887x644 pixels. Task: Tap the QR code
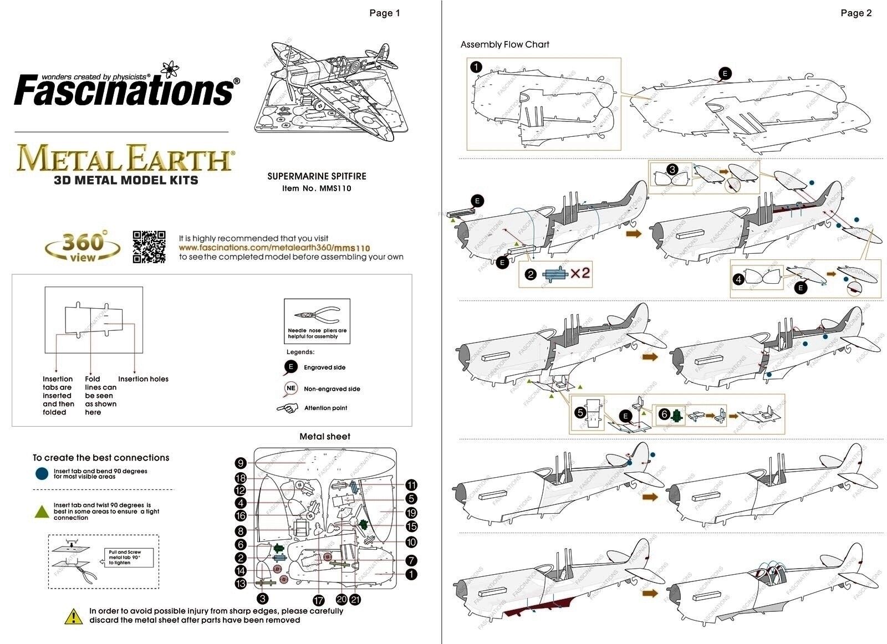pos(149,247)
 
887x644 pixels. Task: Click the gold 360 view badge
pos(83,247)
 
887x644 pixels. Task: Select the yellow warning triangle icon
pos(73,616)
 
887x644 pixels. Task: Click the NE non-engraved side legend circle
pos(291,389)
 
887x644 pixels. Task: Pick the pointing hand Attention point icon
pos(288,408)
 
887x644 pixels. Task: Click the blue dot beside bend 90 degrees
pos(42,473)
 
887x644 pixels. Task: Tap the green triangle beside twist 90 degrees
pos(42,511)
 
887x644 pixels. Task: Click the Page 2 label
pos(856,13)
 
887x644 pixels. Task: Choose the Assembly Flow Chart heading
pos(504,44)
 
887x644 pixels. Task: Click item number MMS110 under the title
pos(317,188)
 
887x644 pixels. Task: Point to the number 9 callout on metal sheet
pos(240,463)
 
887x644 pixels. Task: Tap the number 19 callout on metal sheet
pos(411,513)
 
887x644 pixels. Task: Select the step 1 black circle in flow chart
pos(476,67)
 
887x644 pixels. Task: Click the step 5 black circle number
pos(580,412)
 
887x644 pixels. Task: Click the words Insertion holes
pos(143,379)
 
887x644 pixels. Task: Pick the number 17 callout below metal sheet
pos(318,600)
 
